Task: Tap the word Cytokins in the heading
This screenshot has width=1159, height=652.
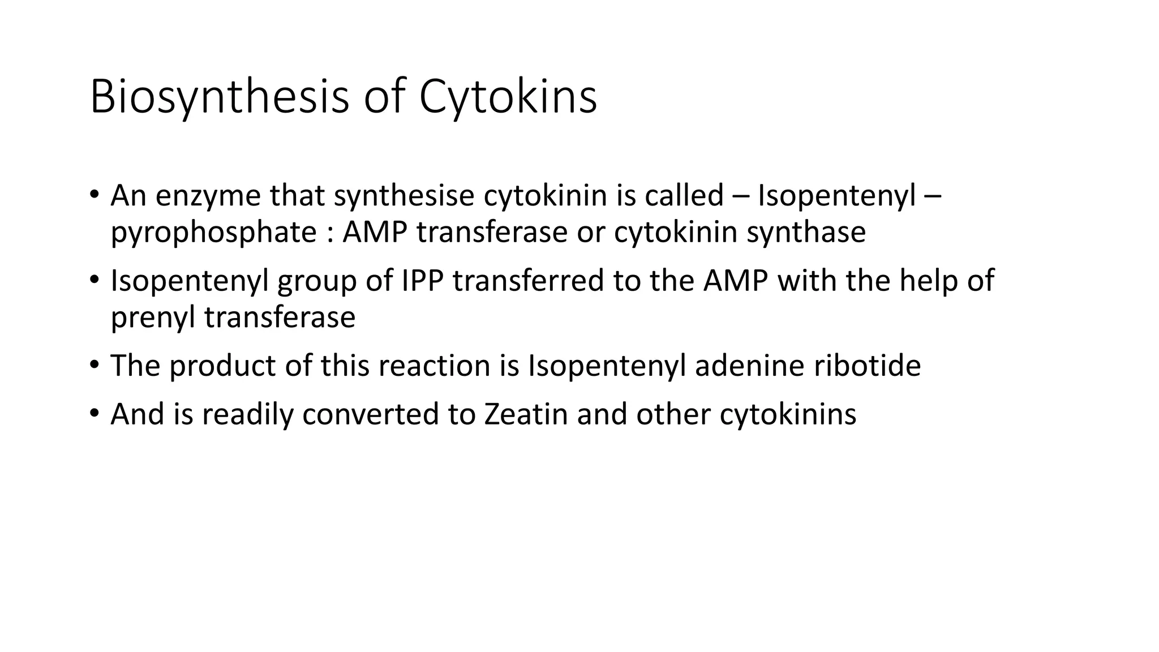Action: coord(508,97)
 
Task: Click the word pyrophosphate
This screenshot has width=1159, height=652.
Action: coord(213,232)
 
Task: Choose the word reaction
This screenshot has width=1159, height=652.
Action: coord(434,366)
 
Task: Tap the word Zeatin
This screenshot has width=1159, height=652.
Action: coord(526,414)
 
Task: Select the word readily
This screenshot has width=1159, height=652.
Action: coord(247,414)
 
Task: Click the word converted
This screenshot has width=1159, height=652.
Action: coord(370,414)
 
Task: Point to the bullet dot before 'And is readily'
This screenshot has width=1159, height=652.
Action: coord(94,413)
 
